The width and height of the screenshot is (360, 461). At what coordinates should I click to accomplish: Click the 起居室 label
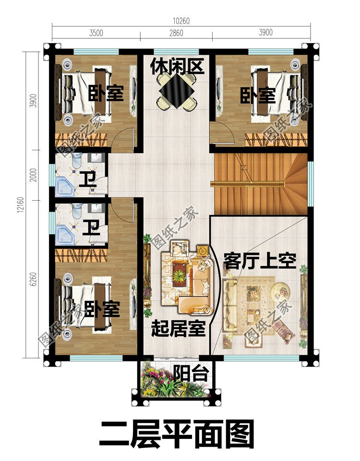(178, 329)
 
